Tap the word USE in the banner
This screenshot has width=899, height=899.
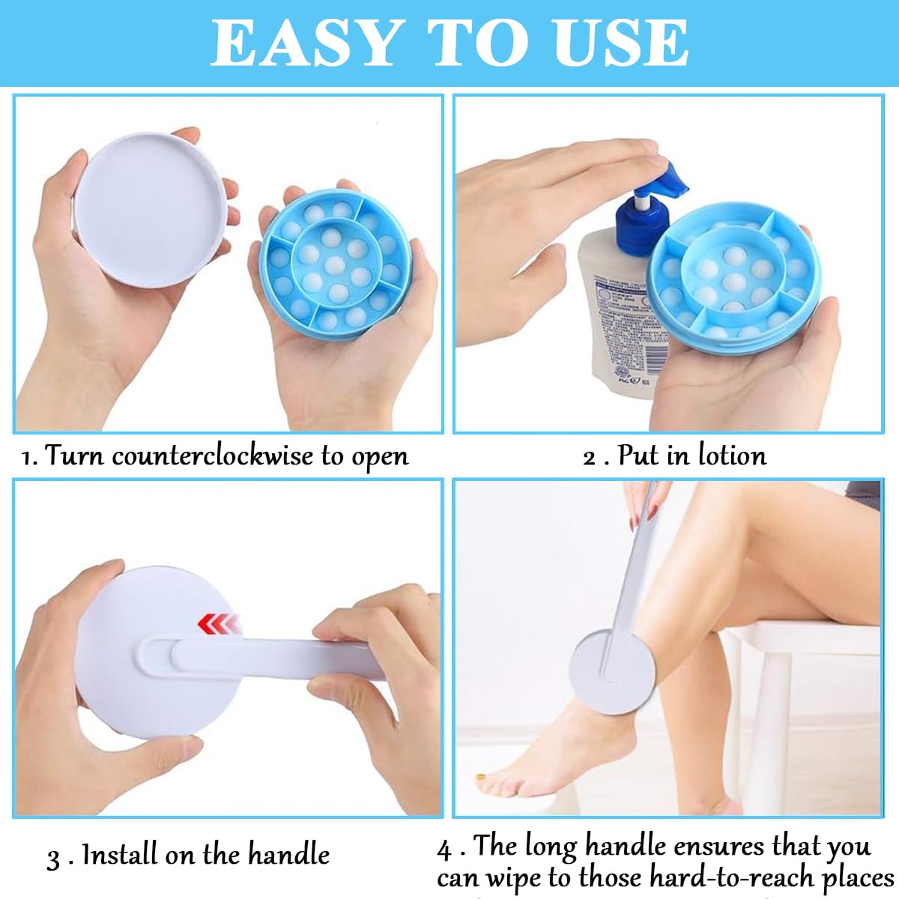621,43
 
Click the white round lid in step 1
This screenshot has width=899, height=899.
149,211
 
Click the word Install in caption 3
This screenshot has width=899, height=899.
119,855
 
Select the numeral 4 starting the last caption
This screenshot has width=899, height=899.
444,850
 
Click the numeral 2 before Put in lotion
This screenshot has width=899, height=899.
590,457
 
